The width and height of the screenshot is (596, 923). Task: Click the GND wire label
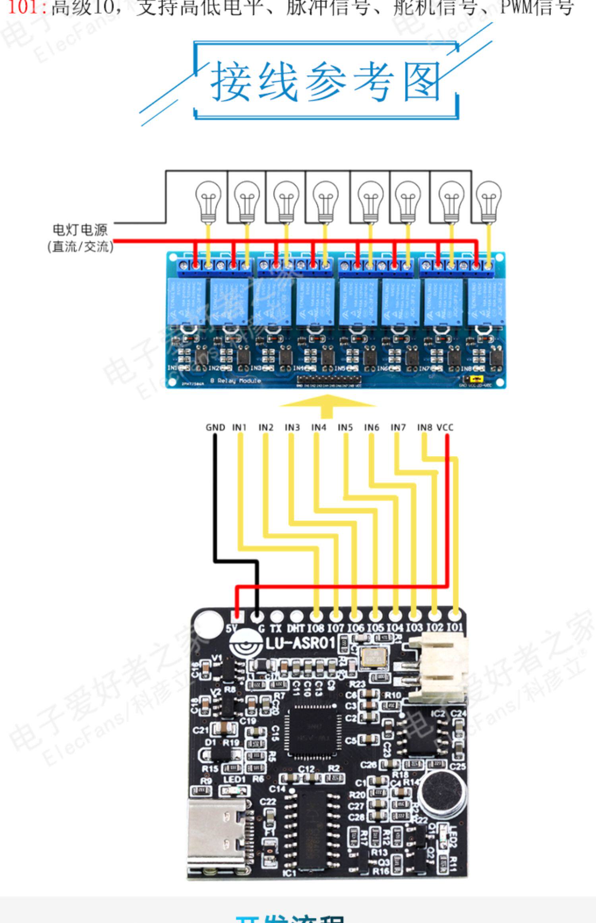pyautogui.click(x=215, y=427)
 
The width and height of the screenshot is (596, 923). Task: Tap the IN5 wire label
pyautogui.click(x=345, y=427)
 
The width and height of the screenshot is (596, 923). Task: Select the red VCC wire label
pyautogui.click(x=445, y=427)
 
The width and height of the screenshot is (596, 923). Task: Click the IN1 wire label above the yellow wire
pyautogui.click(x=239, y=427)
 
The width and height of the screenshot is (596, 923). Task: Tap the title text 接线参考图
pyautogui.click(x=326, y=81)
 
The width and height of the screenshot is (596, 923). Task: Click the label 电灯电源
pyautogui.click(x=80, y=230)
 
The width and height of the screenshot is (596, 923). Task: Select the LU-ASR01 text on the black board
pyautogui.click(x=300, y=643)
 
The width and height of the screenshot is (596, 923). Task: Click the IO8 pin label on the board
pyautogui.click(x=315, y=628)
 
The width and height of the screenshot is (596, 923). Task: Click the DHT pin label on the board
pyautogui.click(x=296, y=628)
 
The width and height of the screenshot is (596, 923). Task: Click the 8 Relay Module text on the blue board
pyautogui.click(x=235, y=380)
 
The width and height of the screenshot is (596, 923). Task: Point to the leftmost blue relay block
pyautogui.click(x=187, y=301)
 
